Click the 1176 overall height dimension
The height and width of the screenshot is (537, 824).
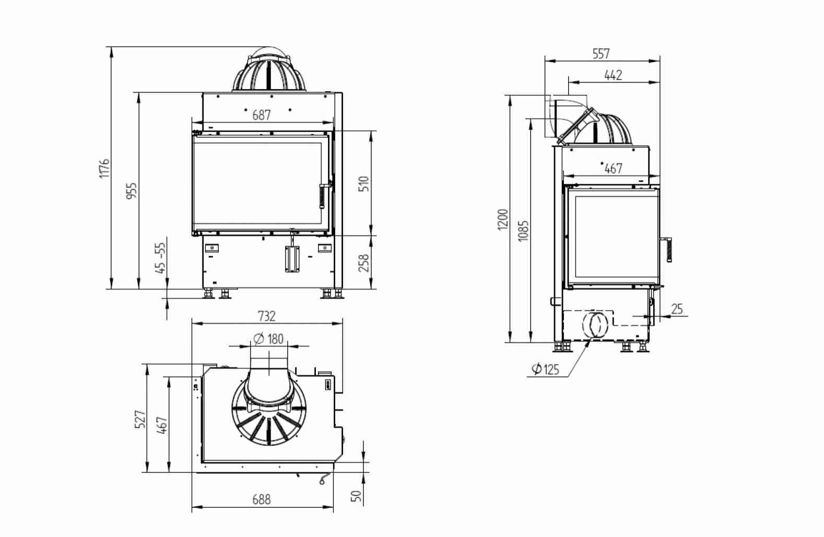[x=104, y=169]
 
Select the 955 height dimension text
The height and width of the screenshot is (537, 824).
[x=132, y=190]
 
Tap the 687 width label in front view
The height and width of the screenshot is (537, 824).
[x=262, y=115]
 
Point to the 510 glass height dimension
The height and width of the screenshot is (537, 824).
[x=364, y=183]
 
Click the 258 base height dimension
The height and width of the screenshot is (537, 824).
[x=364, y=263]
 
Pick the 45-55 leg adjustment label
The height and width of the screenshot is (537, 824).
[x=160, y=258]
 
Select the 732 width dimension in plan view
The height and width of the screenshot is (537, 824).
[x=267, y=316]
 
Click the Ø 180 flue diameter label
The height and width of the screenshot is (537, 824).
[x=269, y=339]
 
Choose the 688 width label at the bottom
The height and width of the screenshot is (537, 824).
[x=262, y=499]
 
